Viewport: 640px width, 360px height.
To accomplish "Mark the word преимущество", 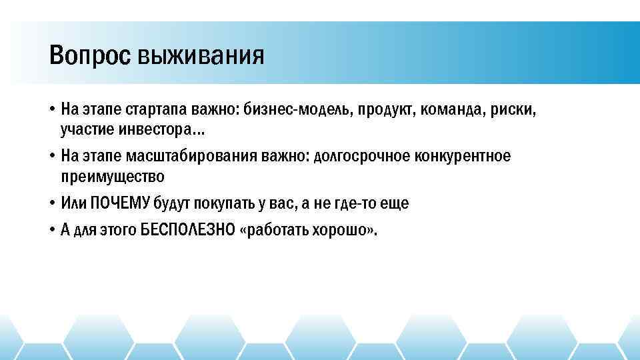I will (x=111, y=176).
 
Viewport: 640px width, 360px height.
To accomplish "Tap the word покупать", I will (x=223, y=203).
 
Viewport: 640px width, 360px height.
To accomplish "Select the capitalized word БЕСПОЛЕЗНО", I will (x=187, y=231).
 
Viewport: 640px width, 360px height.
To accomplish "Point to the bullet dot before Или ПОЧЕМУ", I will (x=51, y=203).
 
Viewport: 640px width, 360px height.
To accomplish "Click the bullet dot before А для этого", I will (x=51, y=231).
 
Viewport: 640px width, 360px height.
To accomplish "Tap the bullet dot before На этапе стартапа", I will (x=51, y=108).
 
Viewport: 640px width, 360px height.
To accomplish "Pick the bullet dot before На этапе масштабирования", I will (x=51, y=156).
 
